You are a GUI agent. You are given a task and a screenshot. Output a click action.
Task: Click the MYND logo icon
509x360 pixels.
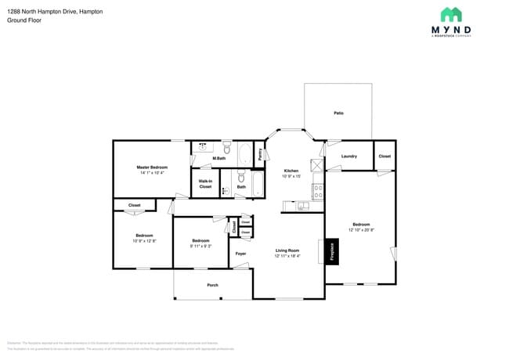pyautogui.click(x=450, y=14)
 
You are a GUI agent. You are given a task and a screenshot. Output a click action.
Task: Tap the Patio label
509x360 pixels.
pyautogui.click(x=338, y=113)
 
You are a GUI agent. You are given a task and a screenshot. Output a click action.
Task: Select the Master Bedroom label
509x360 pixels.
pyautogui.click(x=153, y=167)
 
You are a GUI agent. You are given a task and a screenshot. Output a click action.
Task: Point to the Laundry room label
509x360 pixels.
pyautogui.click(x=349, y=156)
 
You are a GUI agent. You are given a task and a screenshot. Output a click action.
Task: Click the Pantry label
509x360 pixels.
pyautogui.click(x=260, y=155)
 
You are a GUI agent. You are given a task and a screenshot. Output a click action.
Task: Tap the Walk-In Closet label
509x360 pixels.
pyautogui.click(x=205, y=185)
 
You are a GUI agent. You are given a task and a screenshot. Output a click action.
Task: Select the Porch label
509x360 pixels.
pyautogui.click(x=212, y=285)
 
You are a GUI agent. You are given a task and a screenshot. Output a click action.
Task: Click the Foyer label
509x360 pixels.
pyautogui.click(x=240, y=254)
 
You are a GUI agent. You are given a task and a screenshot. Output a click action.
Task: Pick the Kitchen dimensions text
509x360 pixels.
pyautogui.click(x=291, y=176)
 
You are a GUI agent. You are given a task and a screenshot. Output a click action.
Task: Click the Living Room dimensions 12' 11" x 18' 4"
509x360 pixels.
pyautogui.click(x=287, y=256)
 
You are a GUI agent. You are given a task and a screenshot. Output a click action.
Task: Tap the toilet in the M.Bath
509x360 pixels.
pyautogui.click(x=226, y=148)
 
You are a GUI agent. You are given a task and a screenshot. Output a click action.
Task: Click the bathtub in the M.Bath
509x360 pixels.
pyautogui.click(x=243, y=154)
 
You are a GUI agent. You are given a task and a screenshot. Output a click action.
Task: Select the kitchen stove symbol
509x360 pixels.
pyautogui.click(x=318, y=189)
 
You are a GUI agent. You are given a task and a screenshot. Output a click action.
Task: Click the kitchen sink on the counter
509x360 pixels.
pyautogui.click(x=302, y=206)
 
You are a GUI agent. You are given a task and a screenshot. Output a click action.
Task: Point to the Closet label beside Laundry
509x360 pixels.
pyautogui.click(x=384, y=156)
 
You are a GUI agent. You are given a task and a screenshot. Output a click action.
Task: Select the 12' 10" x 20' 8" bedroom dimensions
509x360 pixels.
pyautogui.click(x=361, y=230)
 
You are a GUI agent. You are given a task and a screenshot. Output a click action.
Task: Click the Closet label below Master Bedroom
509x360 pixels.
pyautogui.click(x=134, y=205)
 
